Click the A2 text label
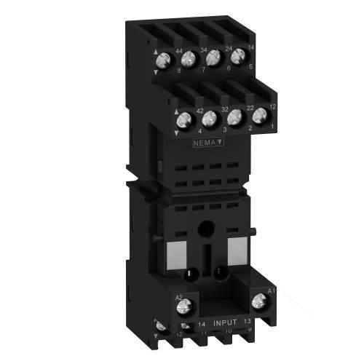point(178,297)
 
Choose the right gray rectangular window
point(237,252)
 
